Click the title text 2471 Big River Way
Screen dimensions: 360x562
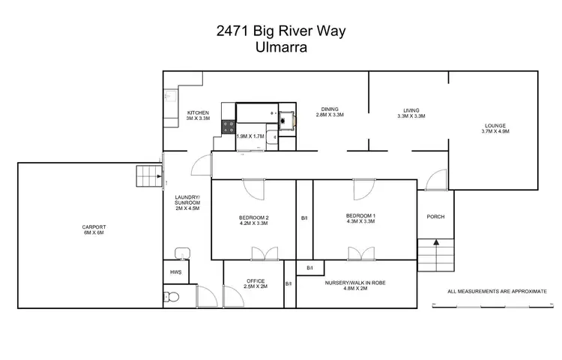point(280,32)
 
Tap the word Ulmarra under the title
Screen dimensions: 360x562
point(280,46)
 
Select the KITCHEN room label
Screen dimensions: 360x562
point(198,112)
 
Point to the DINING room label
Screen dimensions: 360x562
point(329,108)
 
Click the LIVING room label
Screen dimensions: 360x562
point(410,109)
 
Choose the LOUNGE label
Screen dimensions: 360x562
point(495,125)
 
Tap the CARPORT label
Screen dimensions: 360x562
point(94,226)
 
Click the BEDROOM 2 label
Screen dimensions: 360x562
point(253,217)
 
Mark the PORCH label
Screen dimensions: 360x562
point(435,217)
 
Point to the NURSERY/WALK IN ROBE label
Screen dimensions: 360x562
point(356,283)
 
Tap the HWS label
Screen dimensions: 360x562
point(175,272)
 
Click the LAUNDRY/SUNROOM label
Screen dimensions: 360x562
point(187,198)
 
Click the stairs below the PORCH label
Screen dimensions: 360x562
point(435,257)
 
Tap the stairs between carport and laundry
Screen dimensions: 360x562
point(149,178)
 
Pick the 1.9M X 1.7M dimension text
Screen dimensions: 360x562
point(250,136)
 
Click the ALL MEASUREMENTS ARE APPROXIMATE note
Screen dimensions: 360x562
point(496,291)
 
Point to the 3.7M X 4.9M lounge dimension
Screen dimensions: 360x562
point(495,131)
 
